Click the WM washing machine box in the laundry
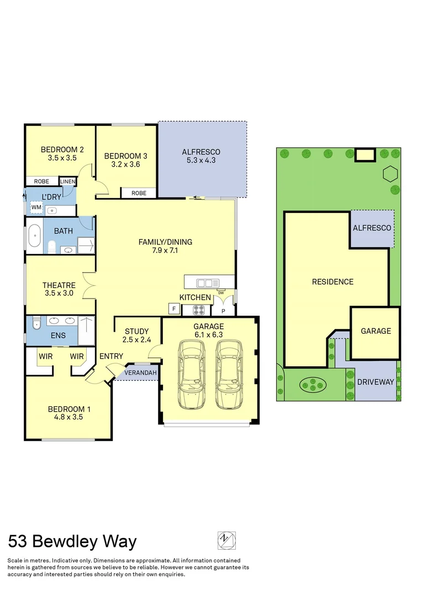click(36, 207)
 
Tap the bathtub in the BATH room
click(34, 236)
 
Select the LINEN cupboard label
click(68, 181)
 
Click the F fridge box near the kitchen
click(173, 309)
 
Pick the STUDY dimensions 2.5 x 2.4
click(137, 340)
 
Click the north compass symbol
click(226, 539)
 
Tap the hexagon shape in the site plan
click(390, 174)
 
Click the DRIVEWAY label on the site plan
click(375, 382)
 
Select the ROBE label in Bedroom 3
click(139, 193)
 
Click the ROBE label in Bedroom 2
click(41, 181)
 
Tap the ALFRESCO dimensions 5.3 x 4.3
click(201, 161)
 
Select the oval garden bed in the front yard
click(313, 382)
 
